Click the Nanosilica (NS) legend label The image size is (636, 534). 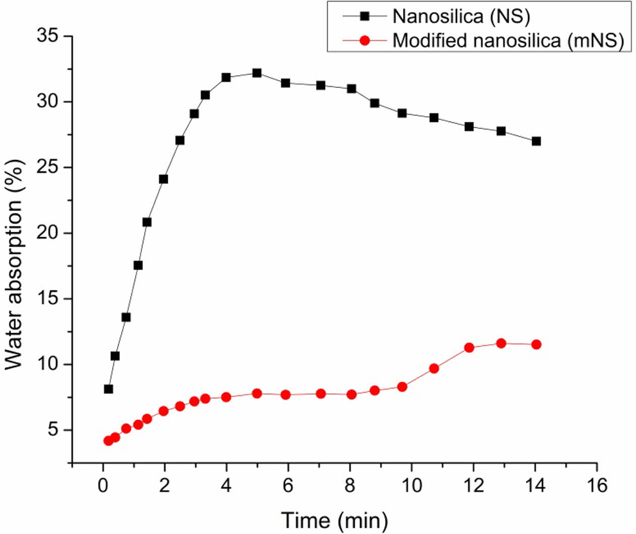[461, 16]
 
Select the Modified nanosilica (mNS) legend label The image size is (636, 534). [508, 40]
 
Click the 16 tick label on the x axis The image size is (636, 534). [597, 486]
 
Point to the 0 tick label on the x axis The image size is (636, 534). [103, 486]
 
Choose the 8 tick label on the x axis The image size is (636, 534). [350, 486]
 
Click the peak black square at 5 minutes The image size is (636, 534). [257, 73]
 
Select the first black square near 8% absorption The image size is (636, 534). [109, 389]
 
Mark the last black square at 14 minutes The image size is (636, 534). [536, 141]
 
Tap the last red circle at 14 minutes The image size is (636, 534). [536, 345]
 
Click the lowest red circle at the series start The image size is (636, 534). [108, 441]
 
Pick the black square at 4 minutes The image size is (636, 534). [226, 77]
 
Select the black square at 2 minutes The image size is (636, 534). [164, 179]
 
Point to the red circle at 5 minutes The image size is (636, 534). [257, 394]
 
